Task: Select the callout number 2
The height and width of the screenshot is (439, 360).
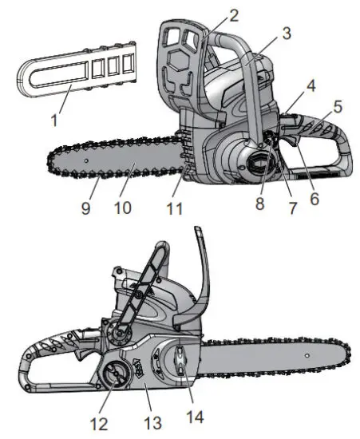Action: tap(232, 14)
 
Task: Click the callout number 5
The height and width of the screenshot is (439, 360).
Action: tap(338, 105)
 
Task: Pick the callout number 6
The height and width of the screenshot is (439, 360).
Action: tap(314, 196)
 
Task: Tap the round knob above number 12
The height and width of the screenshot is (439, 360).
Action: tap(113, 376)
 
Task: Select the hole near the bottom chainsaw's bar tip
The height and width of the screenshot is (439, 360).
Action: tap(307, 352)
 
